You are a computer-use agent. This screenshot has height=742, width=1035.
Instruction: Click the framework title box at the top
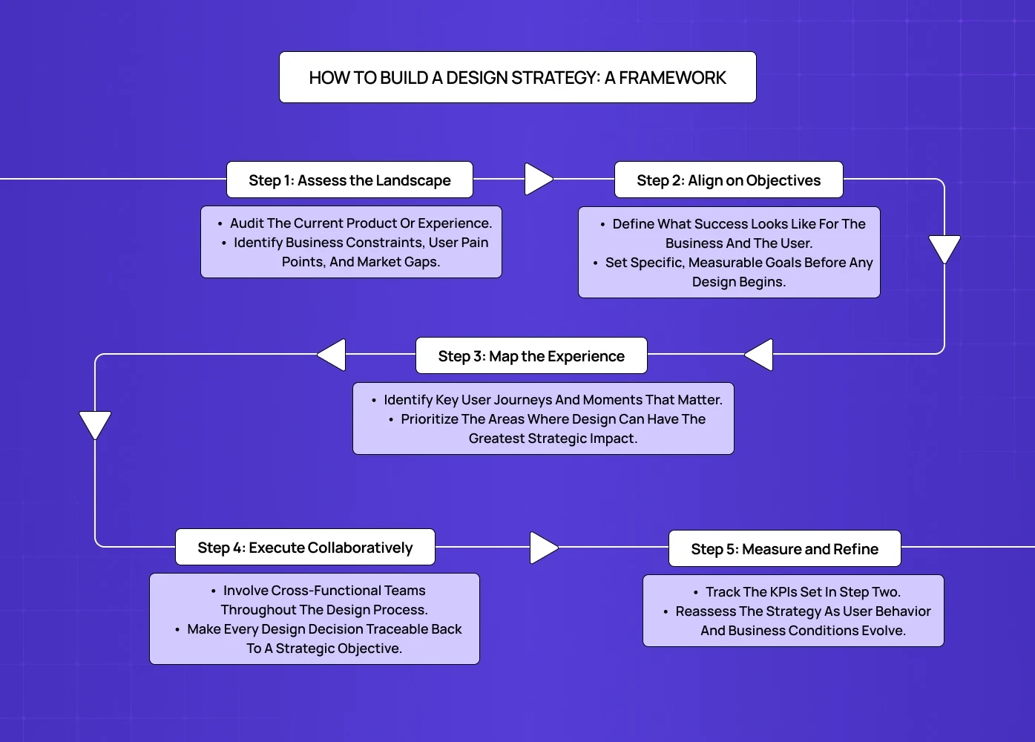[517, 77]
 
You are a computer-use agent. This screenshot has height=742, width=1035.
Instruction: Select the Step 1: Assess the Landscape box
[349, 180]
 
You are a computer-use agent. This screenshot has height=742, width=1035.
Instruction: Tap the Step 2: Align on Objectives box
[729, 180]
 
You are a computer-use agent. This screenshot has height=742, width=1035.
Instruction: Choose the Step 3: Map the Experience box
[531, 356]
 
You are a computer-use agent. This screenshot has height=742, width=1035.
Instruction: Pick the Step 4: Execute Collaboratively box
[305, 548]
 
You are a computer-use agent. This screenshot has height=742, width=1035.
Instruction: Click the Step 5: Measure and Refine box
[784, 549]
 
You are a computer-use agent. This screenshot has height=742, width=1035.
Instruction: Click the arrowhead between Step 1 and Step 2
[538, 179]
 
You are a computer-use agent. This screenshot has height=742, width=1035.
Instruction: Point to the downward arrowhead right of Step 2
[944, 249]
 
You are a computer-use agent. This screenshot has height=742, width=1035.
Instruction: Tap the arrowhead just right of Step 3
[760, 355]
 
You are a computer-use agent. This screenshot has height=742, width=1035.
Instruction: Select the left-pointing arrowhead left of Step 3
[332, 355]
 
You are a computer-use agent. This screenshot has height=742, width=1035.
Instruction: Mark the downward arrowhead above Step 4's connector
[95, 424]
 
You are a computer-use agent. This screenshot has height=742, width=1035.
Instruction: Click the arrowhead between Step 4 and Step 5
[543, 548]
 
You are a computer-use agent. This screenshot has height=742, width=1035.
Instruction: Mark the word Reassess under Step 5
[705, 611]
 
